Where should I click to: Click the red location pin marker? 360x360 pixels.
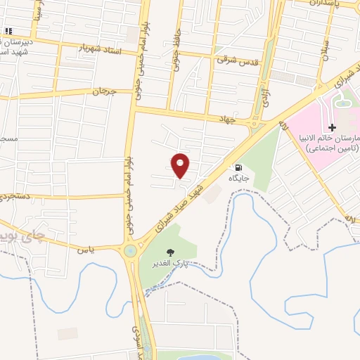coord(181,165)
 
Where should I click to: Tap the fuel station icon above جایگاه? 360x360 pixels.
coord(238,168)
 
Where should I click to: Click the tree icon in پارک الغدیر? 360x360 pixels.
coord(169,252)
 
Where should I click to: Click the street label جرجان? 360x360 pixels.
coord(103,92)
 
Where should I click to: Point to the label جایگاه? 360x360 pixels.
coord(239,179)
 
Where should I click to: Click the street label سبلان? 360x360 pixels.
coord(325,52)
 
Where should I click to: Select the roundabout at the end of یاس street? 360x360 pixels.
coord(130,250)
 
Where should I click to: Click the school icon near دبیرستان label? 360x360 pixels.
coord(9,32)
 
